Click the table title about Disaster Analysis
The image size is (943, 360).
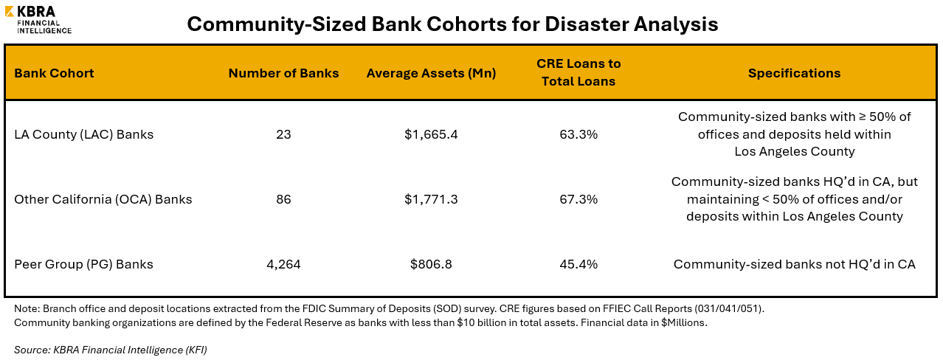452,24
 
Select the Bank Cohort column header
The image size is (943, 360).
55,73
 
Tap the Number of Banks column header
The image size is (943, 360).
283,73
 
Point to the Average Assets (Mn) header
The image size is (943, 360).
431,73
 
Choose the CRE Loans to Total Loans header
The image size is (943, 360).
578,73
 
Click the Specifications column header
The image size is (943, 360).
794,73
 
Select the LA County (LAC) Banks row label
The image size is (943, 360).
83,134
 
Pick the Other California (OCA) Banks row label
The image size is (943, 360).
103,199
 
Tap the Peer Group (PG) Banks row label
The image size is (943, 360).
84,264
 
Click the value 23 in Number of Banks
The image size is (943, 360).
283,134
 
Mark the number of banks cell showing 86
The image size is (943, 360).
283,199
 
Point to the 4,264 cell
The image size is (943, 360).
283,264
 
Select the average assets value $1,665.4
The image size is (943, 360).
431,134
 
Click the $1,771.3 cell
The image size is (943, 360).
431,199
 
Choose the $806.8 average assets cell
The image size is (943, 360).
431,264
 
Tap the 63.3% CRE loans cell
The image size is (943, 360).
578,134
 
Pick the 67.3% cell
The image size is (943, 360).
578,199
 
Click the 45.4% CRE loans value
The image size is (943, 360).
578,264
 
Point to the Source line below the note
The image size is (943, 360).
111,350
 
